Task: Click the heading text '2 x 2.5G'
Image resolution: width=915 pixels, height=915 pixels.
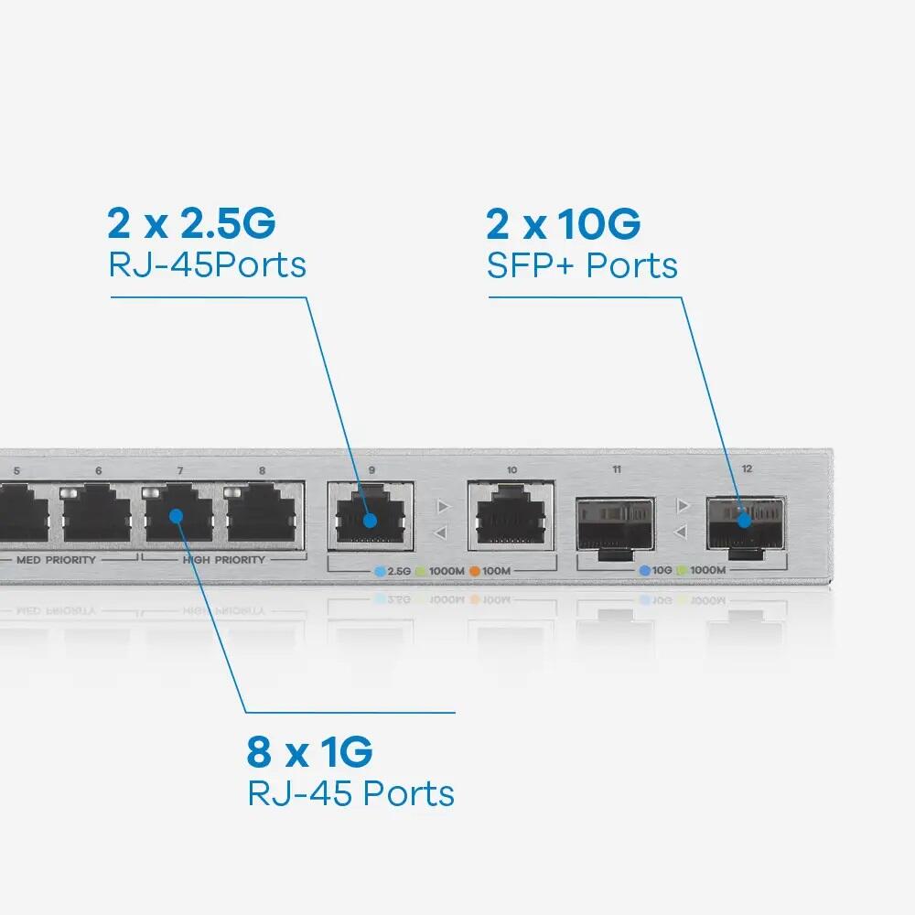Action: tap(191, 222)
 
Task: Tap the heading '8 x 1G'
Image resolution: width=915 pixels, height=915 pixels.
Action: tap(309, 752)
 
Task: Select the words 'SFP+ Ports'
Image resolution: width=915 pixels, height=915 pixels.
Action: tap(582, 265)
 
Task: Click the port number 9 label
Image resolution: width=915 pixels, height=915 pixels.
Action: tap(371, 470)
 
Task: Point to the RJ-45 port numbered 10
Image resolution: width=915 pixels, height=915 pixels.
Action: tap(511, 517)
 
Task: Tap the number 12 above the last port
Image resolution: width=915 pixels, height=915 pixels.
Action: tap(747, 468)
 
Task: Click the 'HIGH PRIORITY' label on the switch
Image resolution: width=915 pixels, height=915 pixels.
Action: tap(223, 559)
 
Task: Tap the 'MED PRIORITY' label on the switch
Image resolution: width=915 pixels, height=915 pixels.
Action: tap(56, 559)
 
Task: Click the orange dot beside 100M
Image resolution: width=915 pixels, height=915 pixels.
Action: tap(475, 571)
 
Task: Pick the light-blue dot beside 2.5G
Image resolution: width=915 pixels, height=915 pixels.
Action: tap(381, 571)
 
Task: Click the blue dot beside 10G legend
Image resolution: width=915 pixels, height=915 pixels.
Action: tap(645, 570)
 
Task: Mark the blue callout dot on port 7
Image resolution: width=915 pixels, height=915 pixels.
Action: tap(178, 515)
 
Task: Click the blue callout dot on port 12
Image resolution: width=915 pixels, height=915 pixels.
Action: tap(745, 520)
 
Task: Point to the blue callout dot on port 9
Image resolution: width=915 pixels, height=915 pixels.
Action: tap(369, 521)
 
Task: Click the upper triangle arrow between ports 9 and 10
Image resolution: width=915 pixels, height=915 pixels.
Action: tap(443, 505)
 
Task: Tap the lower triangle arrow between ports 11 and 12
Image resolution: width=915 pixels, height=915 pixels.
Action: tap(680, 532)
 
